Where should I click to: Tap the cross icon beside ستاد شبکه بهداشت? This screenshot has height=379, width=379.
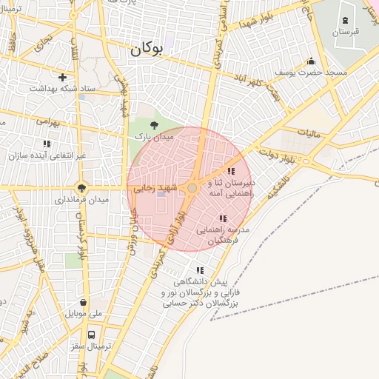62,77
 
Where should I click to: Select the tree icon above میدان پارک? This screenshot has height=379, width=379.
154,126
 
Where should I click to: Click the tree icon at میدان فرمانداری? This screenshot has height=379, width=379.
81,188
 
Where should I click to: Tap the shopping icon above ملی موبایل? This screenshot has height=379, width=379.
83,302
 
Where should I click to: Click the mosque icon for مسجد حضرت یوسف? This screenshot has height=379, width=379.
311,61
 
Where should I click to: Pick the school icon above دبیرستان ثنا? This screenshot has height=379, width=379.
231,171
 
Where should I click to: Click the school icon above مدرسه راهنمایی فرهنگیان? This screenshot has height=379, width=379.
223,218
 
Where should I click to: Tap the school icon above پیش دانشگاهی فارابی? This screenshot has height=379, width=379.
200,269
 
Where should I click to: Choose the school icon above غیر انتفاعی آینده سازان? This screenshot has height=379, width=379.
47,144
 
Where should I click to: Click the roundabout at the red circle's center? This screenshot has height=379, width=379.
192,189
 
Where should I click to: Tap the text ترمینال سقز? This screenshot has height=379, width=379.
96,346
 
